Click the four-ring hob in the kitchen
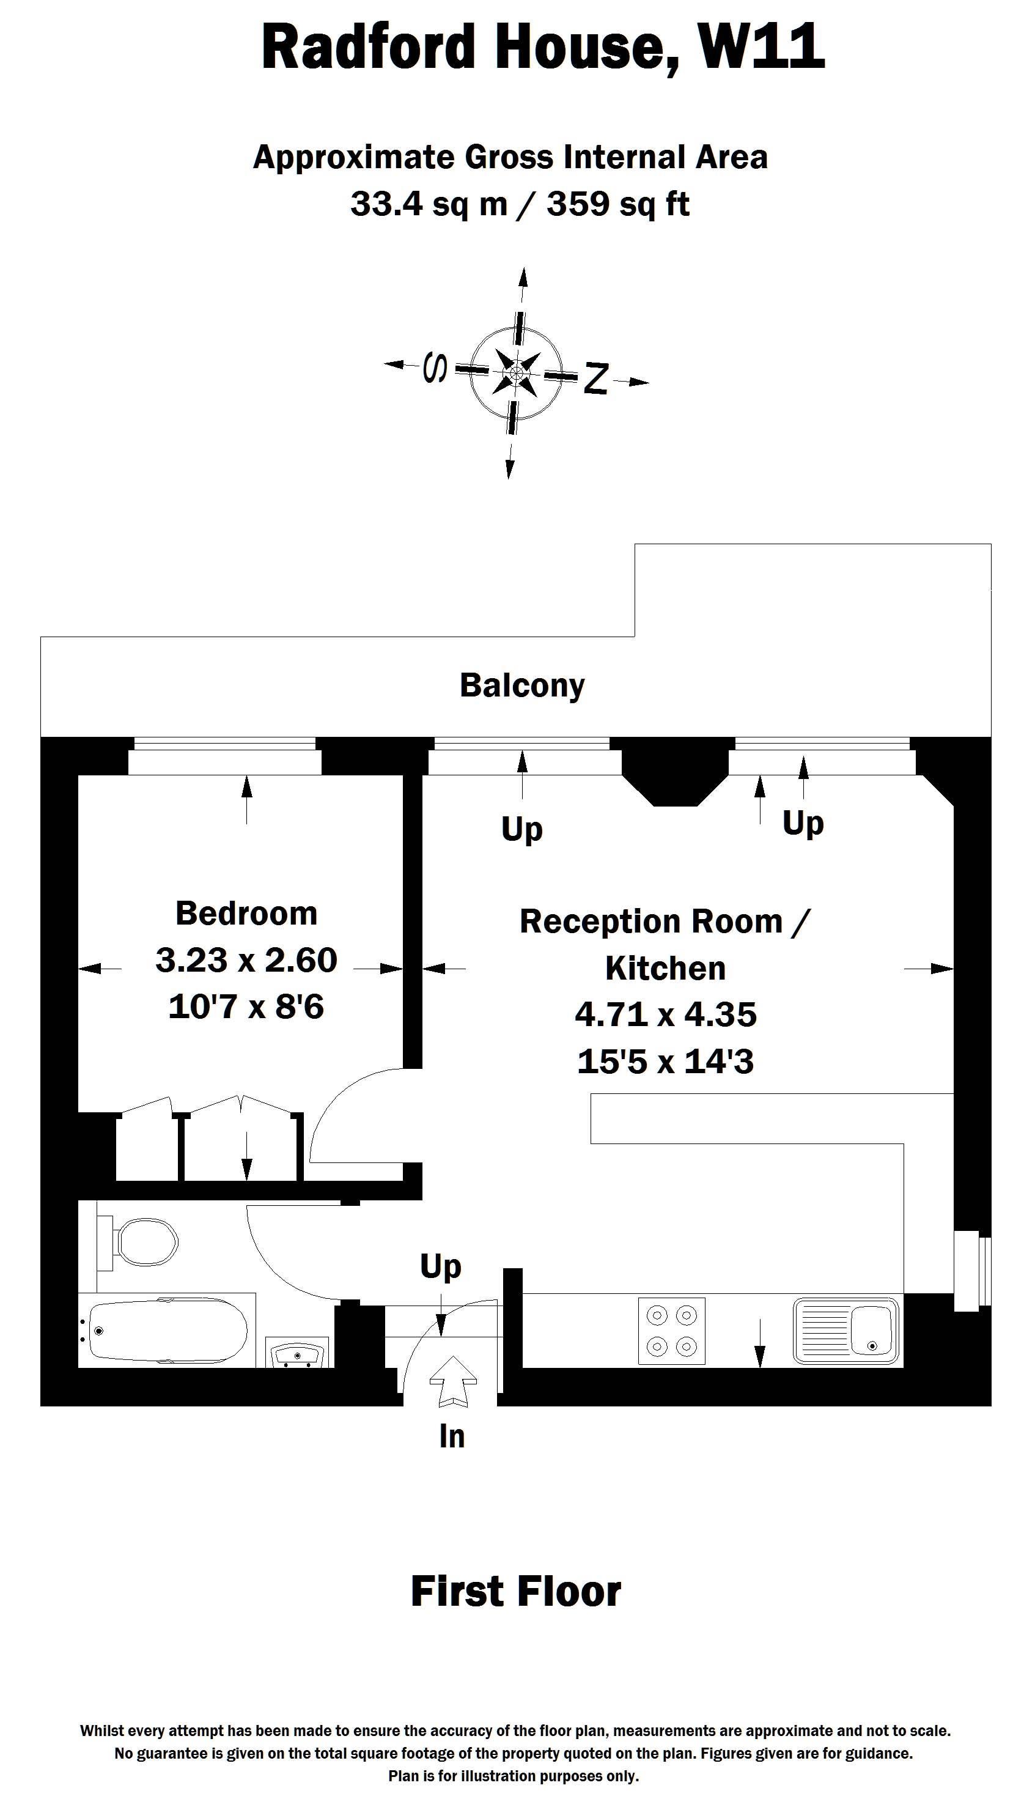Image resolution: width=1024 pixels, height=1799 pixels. pyautogui.click(x=672, y=1331)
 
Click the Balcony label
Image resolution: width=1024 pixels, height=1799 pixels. pyautogui.click(x=522, y=685)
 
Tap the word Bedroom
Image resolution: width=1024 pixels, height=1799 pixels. pyautogui.click(x=246, y=914)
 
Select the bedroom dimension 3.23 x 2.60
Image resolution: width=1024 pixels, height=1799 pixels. pyautogui.click(x=246, y=960)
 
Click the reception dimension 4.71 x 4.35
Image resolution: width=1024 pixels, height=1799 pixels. pyautogui.click(x=665, y=1014)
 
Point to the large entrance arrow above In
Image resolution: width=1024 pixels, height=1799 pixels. pyautogui.click(x=453, y=1381)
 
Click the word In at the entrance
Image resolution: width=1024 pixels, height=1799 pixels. pyautogui.click(x=452, y=1436)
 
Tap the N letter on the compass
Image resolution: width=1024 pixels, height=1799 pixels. pyautogui.click(x=595, y=379)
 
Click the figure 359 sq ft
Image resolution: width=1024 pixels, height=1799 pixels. pyautogui.click(x=618, y=204)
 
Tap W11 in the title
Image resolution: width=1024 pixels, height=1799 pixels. pyautogui.click(x=761, y=46)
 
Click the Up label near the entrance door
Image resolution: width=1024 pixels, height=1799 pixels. pyautogui.click(x=441, y=1266)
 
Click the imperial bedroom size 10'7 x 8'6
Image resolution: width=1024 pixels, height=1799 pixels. pyautogui.click(x=246, y=1007)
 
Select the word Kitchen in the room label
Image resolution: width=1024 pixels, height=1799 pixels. pyautogui.click(x=665, y=969)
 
